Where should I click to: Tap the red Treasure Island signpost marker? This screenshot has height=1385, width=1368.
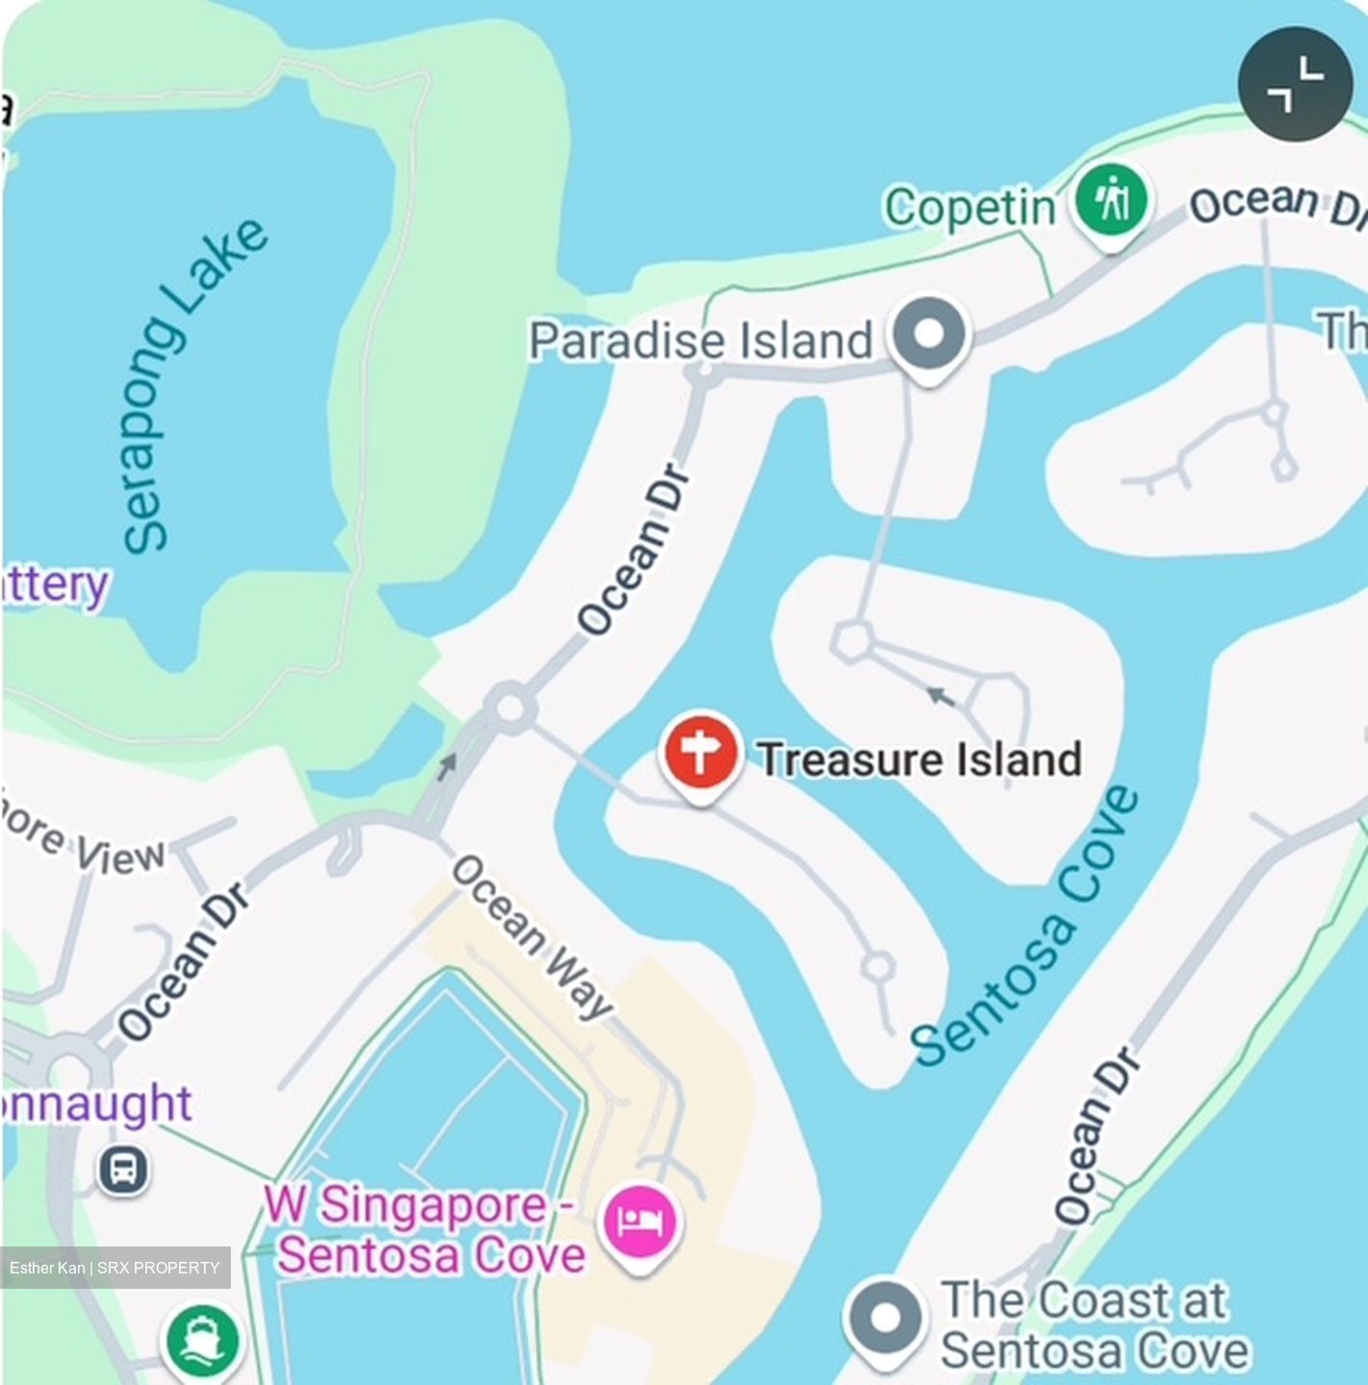point(700,753)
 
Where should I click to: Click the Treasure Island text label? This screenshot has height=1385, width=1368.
point(920,760)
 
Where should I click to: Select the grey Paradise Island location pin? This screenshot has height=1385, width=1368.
point(928,336)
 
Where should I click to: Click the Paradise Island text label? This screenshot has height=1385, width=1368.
point(700,341)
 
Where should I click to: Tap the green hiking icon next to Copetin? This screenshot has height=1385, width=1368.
point(1112,202)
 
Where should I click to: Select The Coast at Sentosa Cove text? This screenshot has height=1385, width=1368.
point(1092,1325)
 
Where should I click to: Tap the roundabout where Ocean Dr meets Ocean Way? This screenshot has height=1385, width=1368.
point(510,709)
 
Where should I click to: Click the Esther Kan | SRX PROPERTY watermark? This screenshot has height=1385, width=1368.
point(115,1268)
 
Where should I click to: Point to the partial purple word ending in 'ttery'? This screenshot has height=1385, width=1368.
point(56,584)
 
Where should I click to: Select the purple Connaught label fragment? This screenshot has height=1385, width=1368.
point(96,1104)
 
